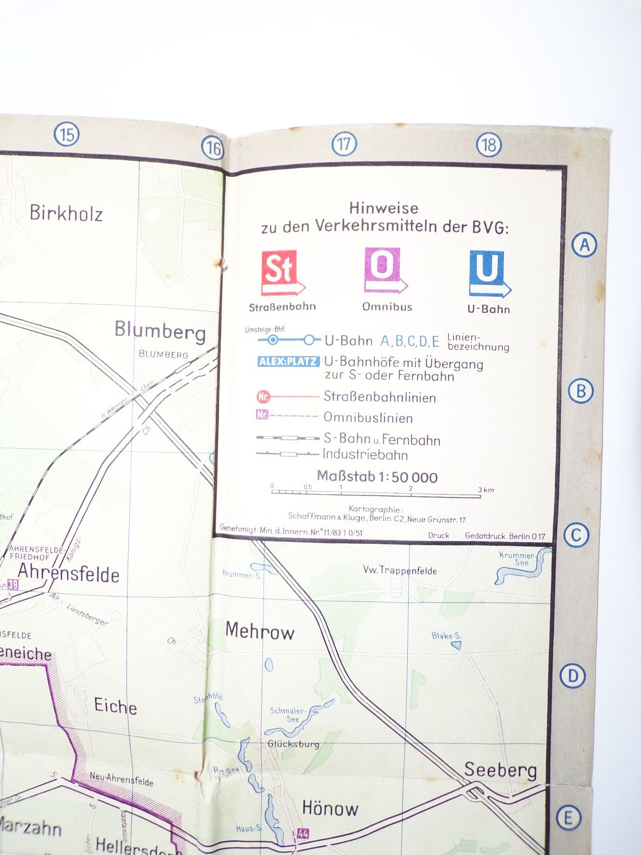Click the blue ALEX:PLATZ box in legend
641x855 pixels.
click(288, 361)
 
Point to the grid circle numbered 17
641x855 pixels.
click(344, 144)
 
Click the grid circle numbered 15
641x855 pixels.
click(67, 135)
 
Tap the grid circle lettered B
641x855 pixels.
click(581, 391)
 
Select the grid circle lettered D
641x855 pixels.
click(573, 676)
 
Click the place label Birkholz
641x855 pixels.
click(66, 213)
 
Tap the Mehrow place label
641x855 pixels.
click(260, 631)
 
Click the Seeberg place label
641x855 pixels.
click(500, 770)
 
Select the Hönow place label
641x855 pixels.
click(330, 809)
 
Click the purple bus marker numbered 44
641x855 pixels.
click(303, 834)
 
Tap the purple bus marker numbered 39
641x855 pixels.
click(13, 585)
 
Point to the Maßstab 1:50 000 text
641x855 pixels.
click(377, 476)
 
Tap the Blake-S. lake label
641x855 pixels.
click(446, 636)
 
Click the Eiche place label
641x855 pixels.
click(115, 706)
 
